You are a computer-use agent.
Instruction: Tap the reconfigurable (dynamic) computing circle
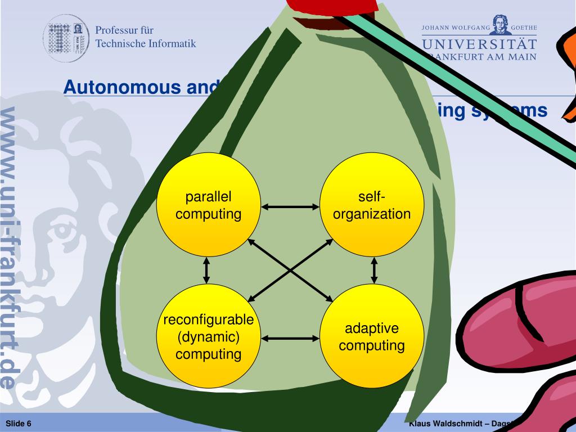pos(208,337)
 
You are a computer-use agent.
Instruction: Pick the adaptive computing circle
pos(371,337)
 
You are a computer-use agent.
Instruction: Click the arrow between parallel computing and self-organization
pos(290,208)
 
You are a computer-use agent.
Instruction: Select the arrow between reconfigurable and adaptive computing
pos(290,339)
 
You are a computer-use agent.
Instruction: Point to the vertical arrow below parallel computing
pos(206,271)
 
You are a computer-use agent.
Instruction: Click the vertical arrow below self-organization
pos(373,271)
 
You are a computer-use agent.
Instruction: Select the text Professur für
pos(124,30)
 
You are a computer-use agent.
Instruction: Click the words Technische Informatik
pos(146,43)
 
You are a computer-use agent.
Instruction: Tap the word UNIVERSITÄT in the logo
pos(479,43)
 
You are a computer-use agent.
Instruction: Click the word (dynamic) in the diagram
pos(208,338)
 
